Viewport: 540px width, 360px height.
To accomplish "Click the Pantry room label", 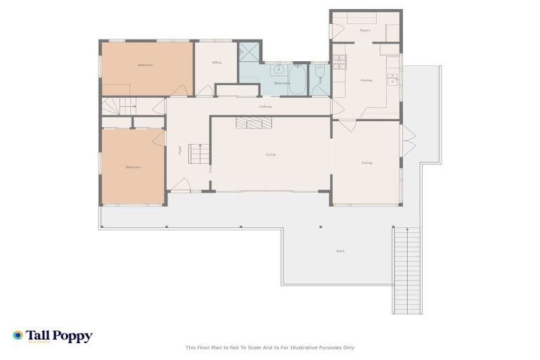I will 365,31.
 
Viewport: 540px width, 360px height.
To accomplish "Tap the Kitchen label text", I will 366,81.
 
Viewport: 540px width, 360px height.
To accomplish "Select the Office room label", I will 217,63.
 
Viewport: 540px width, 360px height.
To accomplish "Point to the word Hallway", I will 265,106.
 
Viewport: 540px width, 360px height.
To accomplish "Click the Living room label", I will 270,155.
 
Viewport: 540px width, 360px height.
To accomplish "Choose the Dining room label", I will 366,162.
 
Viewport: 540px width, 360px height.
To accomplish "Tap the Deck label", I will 340,251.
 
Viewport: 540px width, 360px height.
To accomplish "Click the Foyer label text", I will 180,149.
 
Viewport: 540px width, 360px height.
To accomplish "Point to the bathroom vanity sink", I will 279,70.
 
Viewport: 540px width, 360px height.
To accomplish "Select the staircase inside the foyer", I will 199,153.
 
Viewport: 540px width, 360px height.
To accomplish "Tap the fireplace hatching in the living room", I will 253,124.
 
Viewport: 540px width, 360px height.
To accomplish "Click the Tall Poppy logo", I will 53,336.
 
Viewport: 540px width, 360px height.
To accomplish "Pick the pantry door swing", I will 337,31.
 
